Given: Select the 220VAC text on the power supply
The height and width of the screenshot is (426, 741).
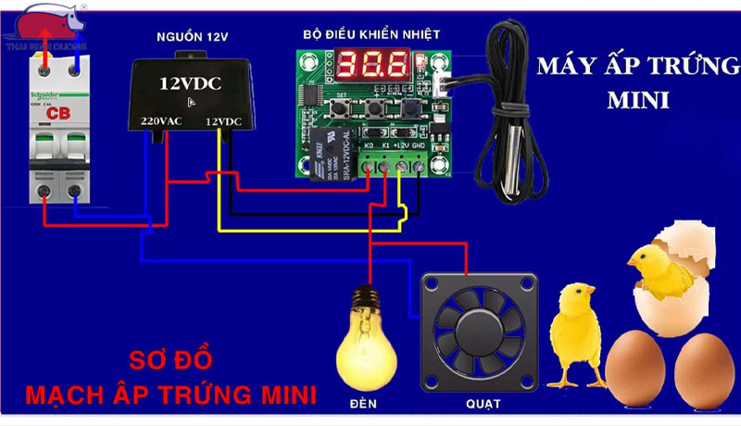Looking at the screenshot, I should [161, 121].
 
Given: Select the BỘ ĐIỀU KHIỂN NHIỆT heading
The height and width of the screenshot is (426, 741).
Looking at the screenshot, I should [370, 34].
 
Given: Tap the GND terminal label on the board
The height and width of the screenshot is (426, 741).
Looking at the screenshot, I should [419, 145].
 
